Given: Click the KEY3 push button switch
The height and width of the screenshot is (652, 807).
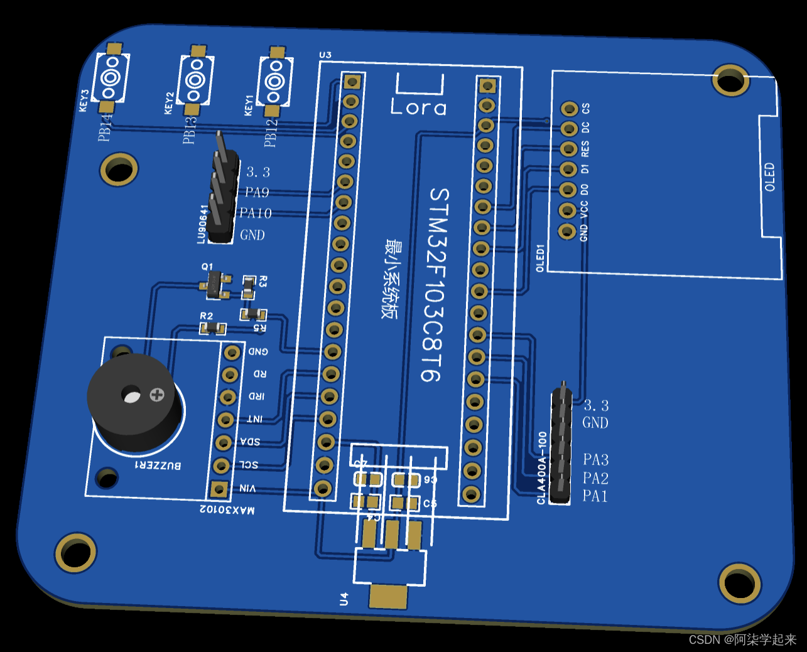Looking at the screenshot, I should pyautogui.click(x=111, y=78).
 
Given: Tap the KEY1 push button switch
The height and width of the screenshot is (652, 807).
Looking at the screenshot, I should pyautogui.click(x=274, y=82).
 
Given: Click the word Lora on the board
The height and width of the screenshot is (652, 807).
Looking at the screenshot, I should pyautogui.click(x=418, y=107).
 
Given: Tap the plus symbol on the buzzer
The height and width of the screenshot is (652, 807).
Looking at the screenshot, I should pyautogui.click(x=157, y=395).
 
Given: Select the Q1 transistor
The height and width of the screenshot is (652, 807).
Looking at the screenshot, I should pyautogui.click(x=215, y=285).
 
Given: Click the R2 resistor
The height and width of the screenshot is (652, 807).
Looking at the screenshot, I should pyautogui.click(x=213, y=328).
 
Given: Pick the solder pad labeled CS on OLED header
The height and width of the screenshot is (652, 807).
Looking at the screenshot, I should pyautogui.click(x=569, y=109).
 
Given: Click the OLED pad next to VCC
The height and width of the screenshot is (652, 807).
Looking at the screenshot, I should pyautogui.click(x=567, y=210).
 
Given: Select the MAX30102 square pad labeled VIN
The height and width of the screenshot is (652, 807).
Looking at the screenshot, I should pyautogui.click(x=219, y=489).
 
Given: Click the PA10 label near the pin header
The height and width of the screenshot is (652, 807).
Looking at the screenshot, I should pyautogui.click(x=256, y=213).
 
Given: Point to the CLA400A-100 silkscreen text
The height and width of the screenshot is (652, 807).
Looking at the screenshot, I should pyautogui.click(x=542, y=468).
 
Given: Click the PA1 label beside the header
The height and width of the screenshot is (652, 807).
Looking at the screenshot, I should pyautogui.click(x=595, y=496).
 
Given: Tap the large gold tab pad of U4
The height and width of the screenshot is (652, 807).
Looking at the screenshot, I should pyautogui.click(x=388, y=596).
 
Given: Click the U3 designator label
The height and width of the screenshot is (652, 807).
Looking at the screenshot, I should pyautogui.click(x=325, y=55).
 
